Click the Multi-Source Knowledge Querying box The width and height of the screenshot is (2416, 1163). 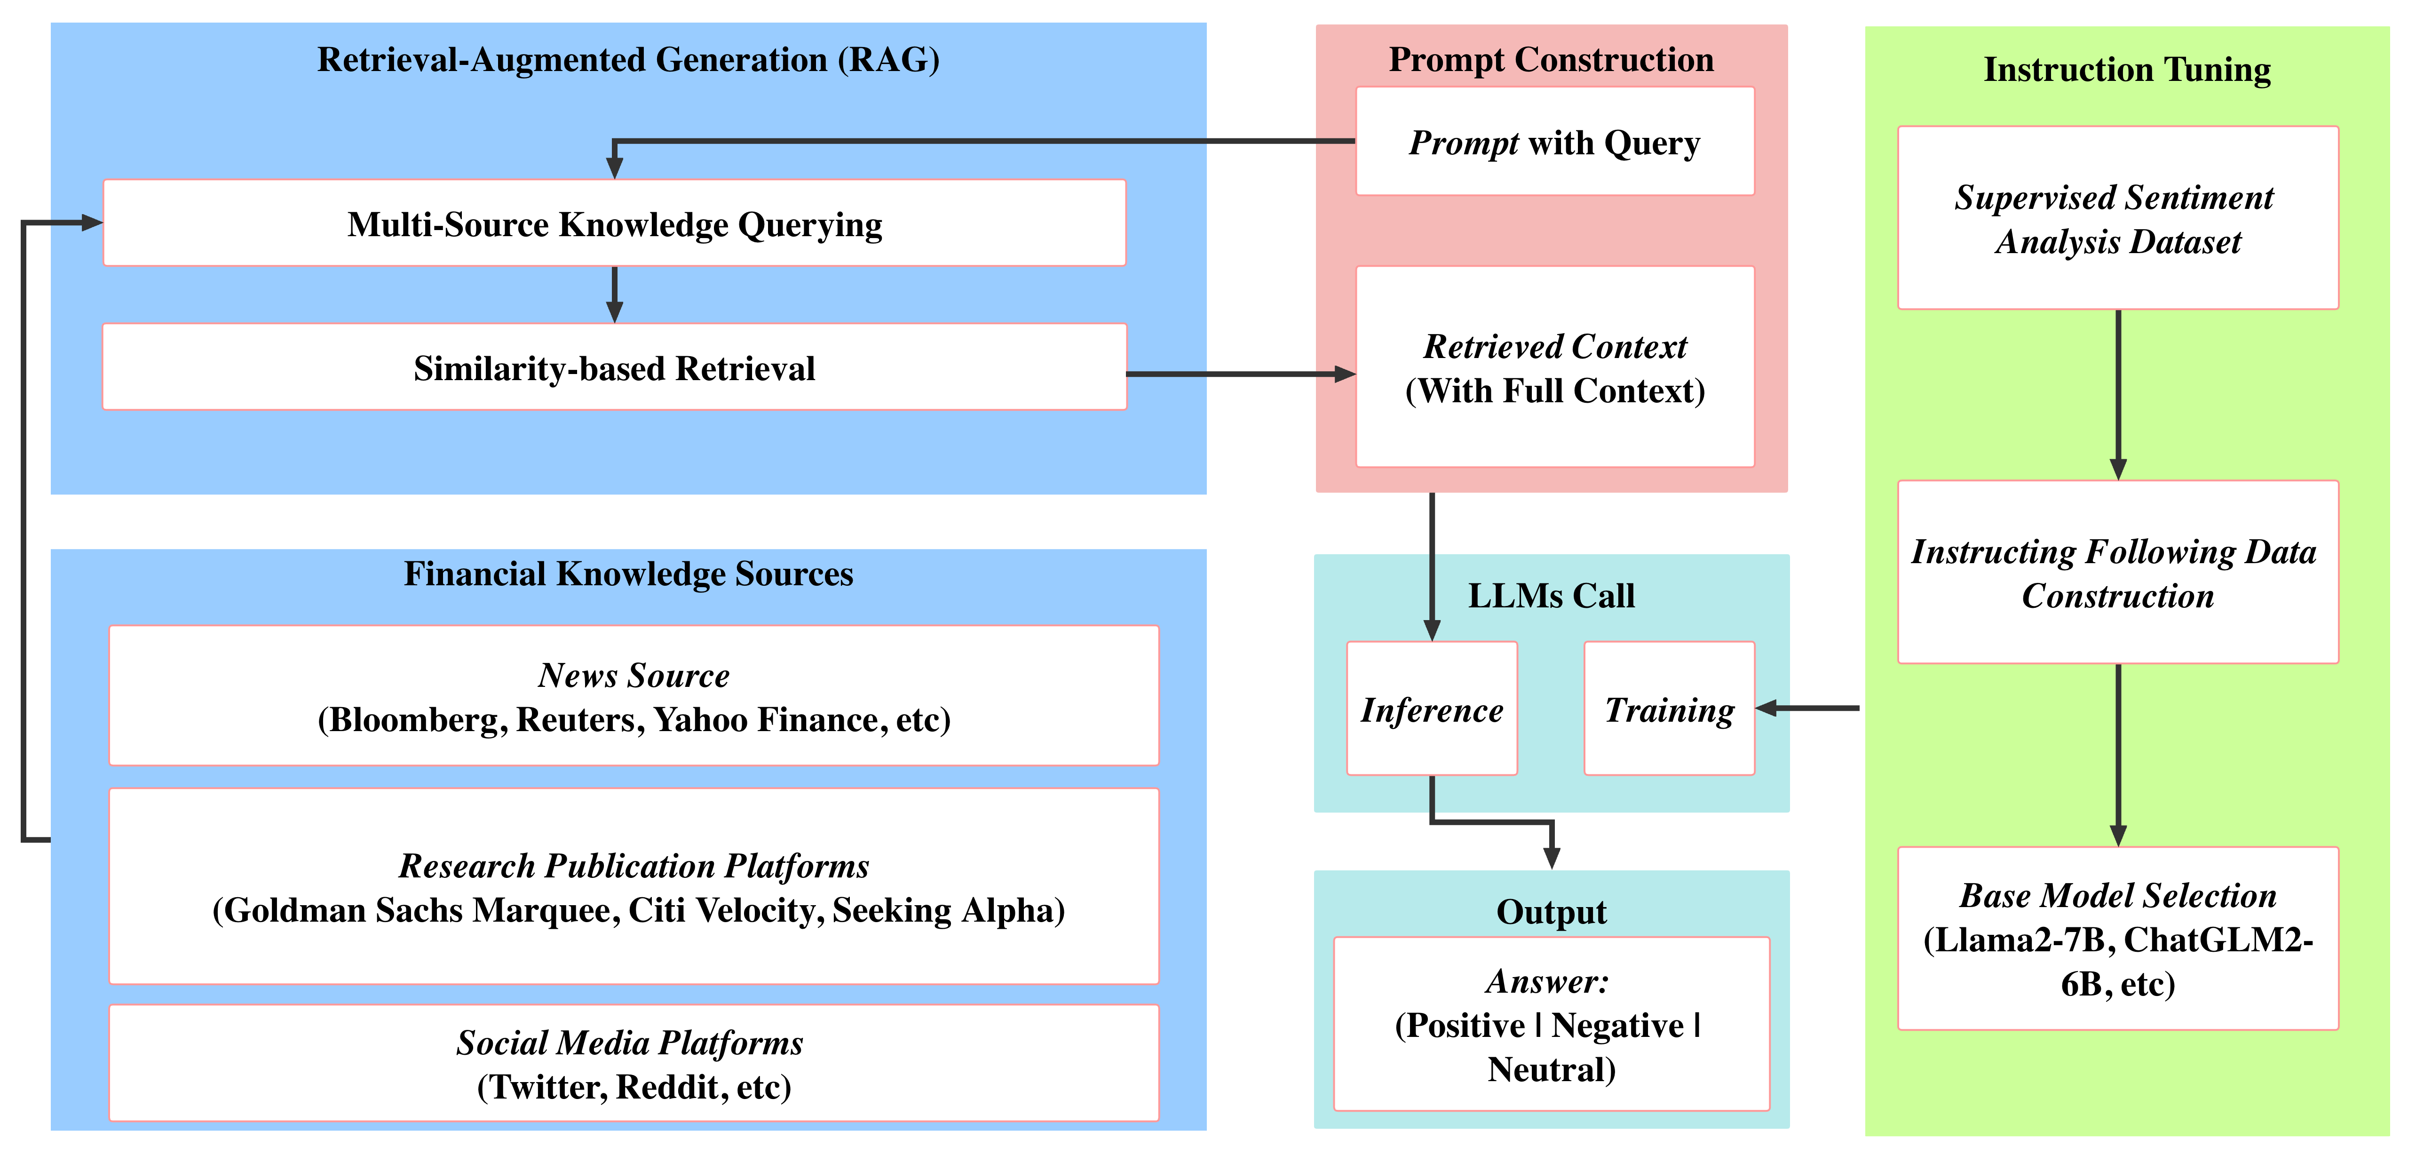click(614, 223)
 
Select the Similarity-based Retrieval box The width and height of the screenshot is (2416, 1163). click(614, 367)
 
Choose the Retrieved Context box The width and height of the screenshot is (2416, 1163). click(1554, 367)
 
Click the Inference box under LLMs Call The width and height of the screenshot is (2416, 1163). click(1431, 709)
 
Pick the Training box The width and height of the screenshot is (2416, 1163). click(1669, 709)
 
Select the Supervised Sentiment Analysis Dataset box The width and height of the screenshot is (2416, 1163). click(2117, 218)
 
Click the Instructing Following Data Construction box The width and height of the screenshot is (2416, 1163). click(2117, 572)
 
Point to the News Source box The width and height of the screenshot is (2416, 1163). click(634, 696)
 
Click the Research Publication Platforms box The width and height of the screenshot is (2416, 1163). click(634, 886)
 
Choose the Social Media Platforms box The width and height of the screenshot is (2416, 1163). click(634, 1064)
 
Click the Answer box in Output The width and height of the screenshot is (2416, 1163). click(1551, 1024)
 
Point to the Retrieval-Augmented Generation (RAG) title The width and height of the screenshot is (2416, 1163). click(628, 59)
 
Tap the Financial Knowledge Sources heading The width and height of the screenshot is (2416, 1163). click(628, 573)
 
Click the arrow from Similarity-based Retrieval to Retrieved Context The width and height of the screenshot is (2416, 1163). click(1238, 374)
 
